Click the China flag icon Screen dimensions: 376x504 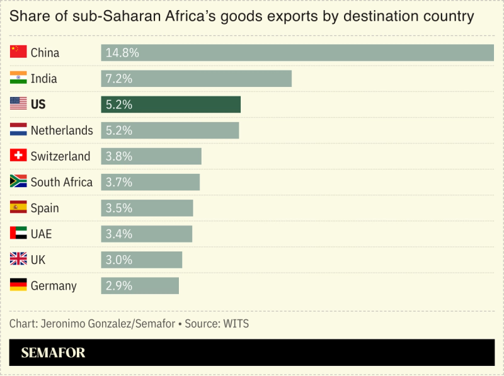(x=18, y=52)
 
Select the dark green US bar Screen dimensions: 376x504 (x=171, y=105)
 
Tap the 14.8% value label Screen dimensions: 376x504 (x=122, y=53)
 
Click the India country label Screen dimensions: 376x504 (x=43, y=79)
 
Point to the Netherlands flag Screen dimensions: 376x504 (x=18, y=130)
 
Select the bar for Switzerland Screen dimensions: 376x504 (x=151, y=156)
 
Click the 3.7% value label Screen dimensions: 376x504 (x=119, y=182)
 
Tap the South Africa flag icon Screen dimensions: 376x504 (x=18, y=182)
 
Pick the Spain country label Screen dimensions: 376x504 (x=45, y=208)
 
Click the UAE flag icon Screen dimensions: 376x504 (x=18, y=234)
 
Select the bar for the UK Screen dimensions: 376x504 (x=142, y=259)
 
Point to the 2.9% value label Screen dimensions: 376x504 (x=119, y=285)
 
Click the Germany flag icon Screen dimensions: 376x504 (x=18, y=285)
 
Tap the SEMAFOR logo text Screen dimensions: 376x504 (x=53, y=353)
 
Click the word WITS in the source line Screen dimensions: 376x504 (x=236, y=324)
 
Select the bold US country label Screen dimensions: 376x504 (x=38, y=105)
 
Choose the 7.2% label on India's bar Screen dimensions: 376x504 (x=119, y=79)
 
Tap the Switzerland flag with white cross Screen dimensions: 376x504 (x=18, y=156)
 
